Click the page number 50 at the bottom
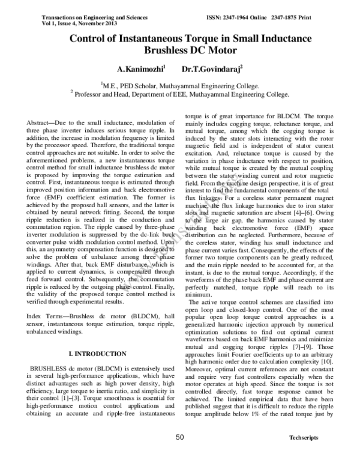(179, 455)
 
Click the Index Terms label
(45, 315)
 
